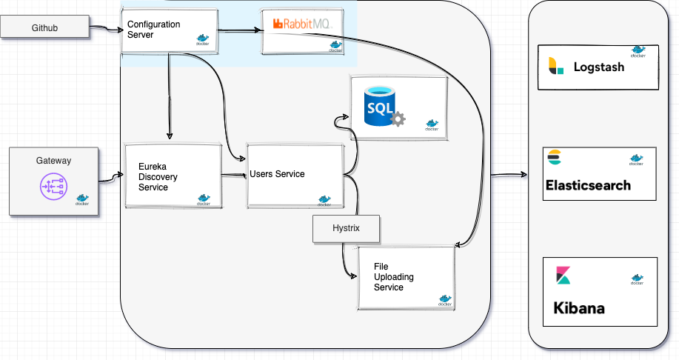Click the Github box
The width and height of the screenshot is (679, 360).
(44, 28)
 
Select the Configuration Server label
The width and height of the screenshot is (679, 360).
(153, 30)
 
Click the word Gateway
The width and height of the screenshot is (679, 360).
(53, 160)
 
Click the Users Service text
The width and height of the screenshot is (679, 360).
(278, 174)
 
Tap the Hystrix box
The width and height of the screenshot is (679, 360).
(346, 228)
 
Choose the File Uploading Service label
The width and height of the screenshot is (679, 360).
(394, 276)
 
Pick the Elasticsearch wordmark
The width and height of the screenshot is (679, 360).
(588, 185)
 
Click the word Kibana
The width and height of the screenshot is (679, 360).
(578, 307)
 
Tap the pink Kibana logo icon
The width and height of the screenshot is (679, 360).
(563, 276)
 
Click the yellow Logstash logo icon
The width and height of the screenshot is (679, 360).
(555, 66)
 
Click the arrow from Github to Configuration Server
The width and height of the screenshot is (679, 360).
(105, 30)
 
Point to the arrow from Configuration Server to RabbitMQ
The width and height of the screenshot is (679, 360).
(239, 30)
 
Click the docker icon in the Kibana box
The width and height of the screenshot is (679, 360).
(636, 279)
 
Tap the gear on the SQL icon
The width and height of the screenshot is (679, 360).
(398, 119)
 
